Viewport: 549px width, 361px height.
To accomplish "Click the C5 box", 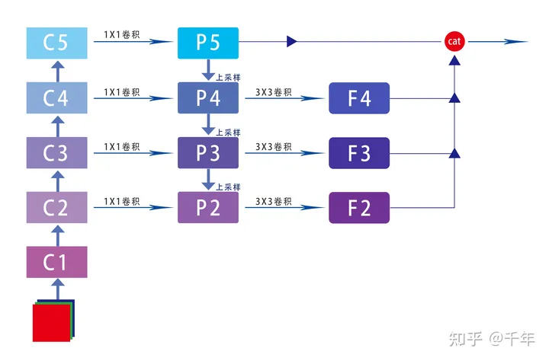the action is (57, 43).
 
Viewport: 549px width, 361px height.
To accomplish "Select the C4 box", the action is (57, 97).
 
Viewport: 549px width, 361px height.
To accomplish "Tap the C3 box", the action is (57, 152).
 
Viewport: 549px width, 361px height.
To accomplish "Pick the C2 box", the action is (57, 207).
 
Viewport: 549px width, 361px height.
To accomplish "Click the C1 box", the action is (57, 262).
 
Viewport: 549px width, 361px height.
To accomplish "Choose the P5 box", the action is (208, 43).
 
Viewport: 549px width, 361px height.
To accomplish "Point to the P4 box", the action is (208, 97).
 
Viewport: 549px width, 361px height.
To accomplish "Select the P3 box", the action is (208, 152).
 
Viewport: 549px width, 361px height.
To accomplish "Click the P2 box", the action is (208, 207).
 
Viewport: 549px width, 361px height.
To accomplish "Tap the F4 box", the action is (359, 97).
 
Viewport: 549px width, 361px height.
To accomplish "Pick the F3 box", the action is (359, 152).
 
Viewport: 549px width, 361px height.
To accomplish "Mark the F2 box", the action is (359, 207).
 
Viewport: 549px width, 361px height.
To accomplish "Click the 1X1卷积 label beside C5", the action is (122, 35).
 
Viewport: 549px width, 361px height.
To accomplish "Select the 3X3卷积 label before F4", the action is (274, 91).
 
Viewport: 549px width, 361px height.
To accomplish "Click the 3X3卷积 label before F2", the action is (274, 201).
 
